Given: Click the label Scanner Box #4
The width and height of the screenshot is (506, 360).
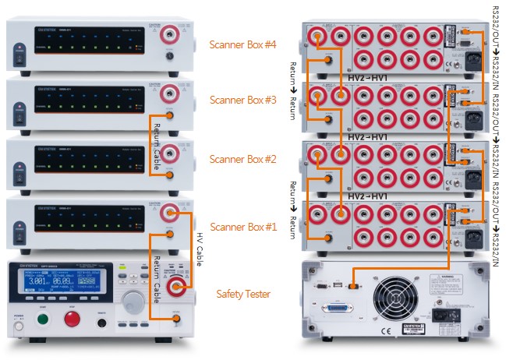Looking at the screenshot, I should [242, 44].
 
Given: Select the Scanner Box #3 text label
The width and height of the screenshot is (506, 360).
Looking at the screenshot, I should [242, 100].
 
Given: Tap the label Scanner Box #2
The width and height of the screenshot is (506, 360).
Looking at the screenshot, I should [242, 159].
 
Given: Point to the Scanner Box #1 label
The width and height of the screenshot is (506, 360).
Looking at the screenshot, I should [242, 227].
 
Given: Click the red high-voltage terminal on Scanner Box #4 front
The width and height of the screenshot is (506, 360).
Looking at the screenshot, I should [168, 35].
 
